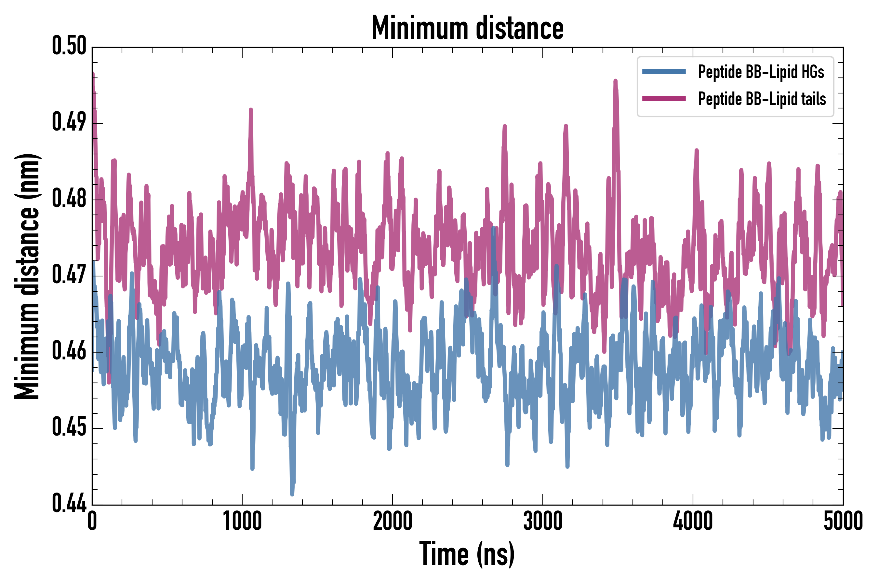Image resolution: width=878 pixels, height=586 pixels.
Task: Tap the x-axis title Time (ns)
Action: click(467, 554)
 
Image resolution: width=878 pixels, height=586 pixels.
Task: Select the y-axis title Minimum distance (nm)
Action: click(27, 276)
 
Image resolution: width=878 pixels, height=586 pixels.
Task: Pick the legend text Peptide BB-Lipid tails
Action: click(762, 99)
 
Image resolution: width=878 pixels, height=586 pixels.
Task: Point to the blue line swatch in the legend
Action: click(664, 72)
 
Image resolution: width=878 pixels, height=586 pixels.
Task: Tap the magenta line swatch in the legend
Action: click(664, 99)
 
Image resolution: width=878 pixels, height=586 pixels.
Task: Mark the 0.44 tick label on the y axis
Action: click(69, 503)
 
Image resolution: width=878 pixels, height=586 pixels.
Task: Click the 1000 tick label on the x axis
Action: click(242, 521)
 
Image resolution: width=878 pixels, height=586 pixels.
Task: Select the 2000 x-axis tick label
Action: click(392, 521)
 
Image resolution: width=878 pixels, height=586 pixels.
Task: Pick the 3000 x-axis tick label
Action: click(542, 521)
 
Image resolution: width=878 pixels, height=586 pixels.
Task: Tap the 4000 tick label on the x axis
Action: click(693, 521)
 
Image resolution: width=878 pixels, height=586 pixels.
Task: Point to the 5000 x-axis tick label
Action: click(843, 521)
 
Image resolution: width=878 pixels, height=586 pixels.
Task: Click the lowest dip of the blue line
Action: click(292, 494)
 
